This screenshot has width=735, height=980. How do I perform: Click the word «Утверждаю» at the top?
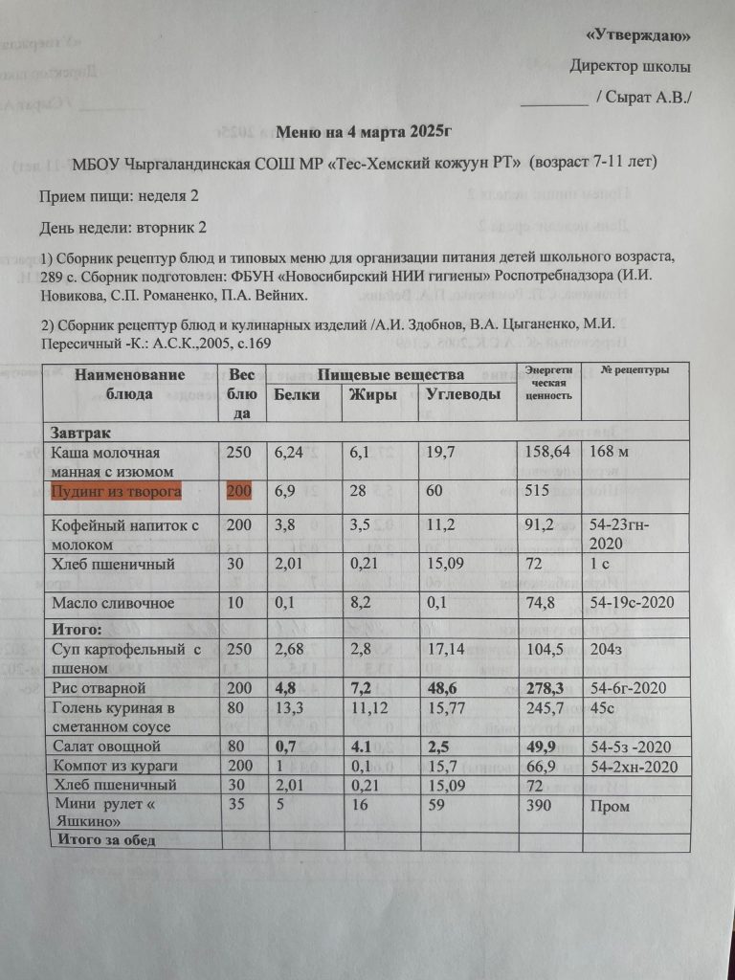pyautogui.click(x=638, y=36)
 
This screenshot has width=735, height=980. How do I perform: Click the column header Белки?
pyautogui.click(x=296, y=394)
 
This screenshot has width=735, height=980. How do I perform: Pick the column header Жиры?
pyautogui.click(x=373, y=394)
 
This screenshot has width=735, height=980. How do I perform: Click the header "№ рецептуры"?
pyautogui.click(x=635, y=370)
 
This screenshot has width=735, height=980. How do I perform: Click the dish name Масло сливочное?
pyautogui.click(x=112, y=603)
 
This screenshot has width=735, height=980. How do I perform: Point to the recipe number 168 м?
pyautogui.click(x=605, y=452)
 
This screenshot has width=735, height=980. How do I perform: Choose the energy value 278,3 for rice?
pyautogui.click(x=546, y=688)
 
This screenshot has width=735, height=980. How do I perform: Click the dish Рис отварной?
pyautogui.click(x=97, y=688)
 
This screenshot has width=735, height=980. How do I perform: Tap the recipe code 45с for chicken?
pyautogui.click(x=599, y=708)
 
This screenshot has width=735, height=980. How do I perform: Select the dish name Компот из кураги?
pyautogui.click(x=111, y=767)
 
